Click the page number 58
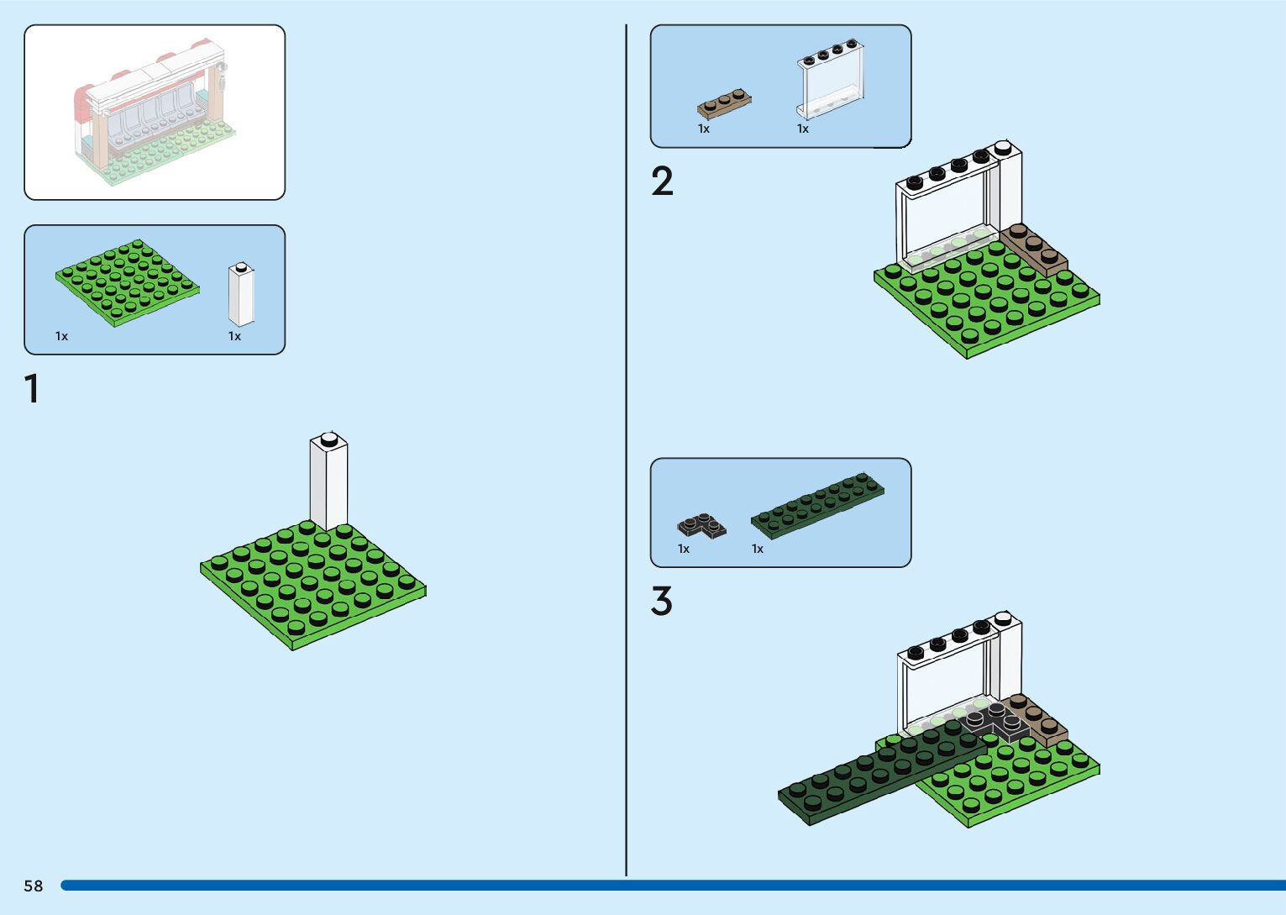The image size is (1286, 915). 34,886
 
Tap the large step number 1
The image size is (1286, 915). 32,389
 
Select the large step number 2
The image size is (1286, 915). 662,181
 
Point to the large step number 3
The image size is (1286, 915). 662,602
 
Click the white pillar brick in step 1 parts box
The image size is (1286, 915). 241,295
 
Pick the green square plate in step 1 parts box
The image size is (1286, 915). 128,282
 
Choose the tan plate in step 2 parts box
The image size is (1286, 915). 723,103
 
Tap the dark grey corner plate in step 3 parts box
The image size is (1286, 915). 701,526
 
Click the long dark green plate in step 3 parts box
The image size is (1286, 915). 817,506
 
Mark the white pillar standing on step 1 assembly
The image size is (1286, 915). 328,484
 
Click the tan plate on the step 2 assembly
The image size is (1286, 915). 1034,250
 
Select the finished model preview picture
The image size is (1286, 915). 155,112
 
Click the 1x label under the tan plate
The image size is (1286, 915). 704,129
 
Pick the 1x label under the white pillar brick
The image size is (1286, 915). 234,336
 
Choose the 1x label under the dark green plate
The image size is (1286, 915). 758,549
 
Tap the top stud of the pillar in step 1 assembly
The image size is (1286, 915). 328,437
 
